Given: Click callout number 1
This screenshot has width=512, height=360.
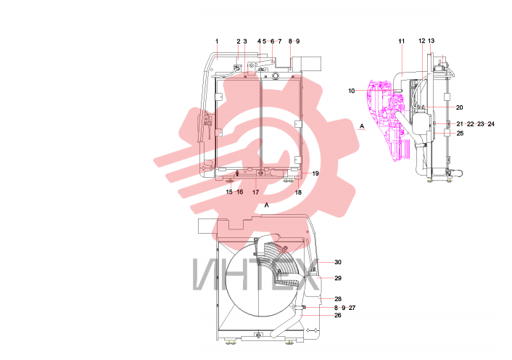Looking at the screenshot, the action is [217, 41].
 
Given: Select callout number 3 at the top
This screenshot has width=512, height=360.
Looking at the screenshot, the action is [245, 41].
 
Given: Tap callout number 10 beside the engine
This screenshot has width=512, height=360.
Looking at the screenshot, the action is [351, 91].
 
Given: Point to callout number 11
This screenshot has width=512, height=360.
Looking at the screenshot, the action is [402, 41].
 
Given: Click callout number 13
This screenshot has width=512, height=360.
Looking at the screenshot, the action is [431, 41].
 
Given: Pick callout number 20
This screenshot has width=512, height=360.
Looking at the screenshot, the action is [460, 107].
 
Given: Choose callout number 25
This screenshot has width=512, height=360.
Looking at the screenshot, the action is [460, 134].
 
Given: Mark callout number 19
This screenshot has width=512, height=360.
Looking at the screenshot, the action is [315, 173].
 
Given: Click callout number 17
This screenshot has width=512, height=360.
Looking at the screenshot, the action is [256, 192].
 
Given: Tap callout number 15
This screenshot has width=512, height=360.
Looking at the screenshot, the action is [229, 192].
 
